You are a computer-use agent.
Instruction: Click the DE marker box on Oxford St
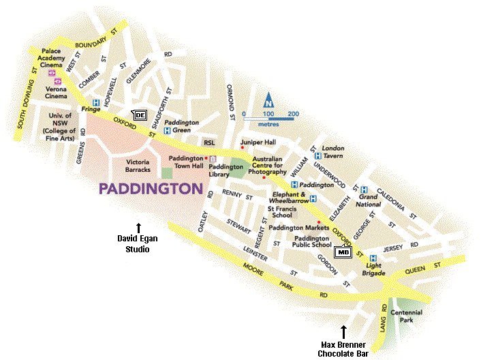[x=139, y=115]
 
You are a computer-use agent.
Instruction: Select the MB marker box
[x=343, y=252]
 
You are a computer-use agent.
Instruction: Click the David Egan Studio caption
[x=138, y=244]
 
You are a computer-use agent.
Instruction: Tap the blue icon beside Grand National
[x=364, y=190]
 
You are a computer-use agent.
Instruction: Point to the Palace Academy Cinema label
[x=61, y=55]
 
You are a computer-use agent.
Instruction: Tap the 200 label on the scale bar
[x=293, y=113]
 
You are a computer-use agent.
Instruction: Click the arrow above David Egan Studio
[x=138, y=227]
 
